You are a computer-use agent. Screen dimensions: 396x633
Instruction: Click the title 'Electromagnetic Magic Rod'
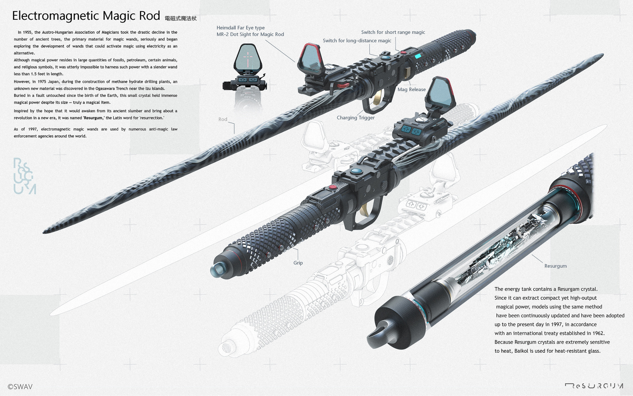click(x=86, y=16)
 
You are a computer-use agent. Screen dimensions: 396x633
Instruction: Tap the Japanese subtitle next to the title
click(x=181, y=19)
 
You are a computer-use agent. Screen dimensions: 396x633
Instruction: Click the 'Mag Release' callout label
click(x=411, y=89)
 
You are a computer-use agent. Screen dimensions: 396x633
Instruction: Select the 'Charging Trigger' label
click(x=355, y=118)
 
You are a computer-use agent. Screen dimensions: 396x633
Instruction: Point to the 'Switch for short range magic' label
click(x=393, y=32)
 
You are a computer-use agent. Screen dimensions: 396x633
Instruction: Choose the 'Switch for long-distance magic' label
click(x=357, y=41)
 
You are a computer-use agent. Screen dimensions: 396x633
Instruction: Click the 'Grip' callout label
click(x=298, y=263)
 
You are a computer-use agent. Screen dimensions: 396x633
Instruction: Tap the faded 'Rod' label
click(x=223, y=119)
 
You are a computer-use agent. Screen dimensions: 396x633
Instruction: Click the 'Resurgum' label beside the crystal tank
click(x=555, y=266)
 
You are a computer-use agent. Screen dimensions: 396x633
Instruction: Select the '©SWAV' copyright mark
click(x=20, y=387)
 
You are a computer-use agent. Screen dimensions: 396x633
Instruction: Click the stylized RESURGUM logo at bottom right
click(x=594, y=386)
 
